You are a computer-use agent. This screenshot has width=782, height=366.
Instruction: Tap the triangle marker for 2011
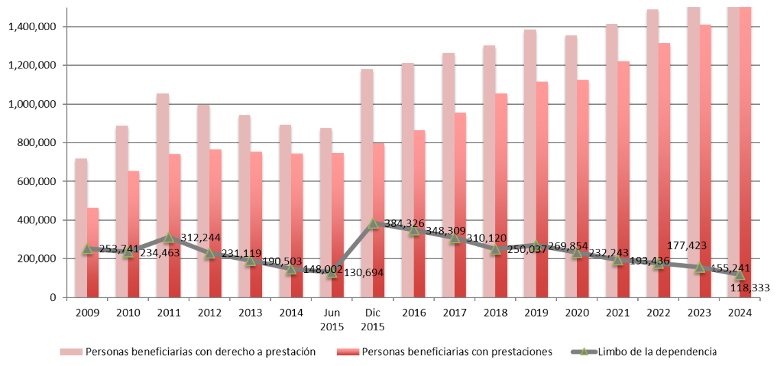coord(169,238)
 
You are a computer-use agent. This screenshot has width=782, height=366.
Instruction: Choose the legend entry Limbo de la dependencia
coord(657,352)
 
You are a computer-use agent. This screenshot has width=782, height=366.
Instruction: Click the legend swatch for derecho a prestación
coord(71,352)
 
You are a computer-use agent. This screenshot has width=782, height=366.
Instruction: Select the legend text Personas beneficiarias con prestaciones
coord(456,352)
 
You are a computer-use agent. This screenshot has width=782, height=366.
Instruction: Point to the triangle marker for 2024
coord(739,275)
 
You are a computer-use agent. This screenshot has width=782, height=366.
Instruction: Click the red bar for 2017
coord(460,205)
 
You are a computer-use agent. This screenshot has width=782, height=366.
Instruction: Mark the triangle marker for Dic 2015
coord(372,223)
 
